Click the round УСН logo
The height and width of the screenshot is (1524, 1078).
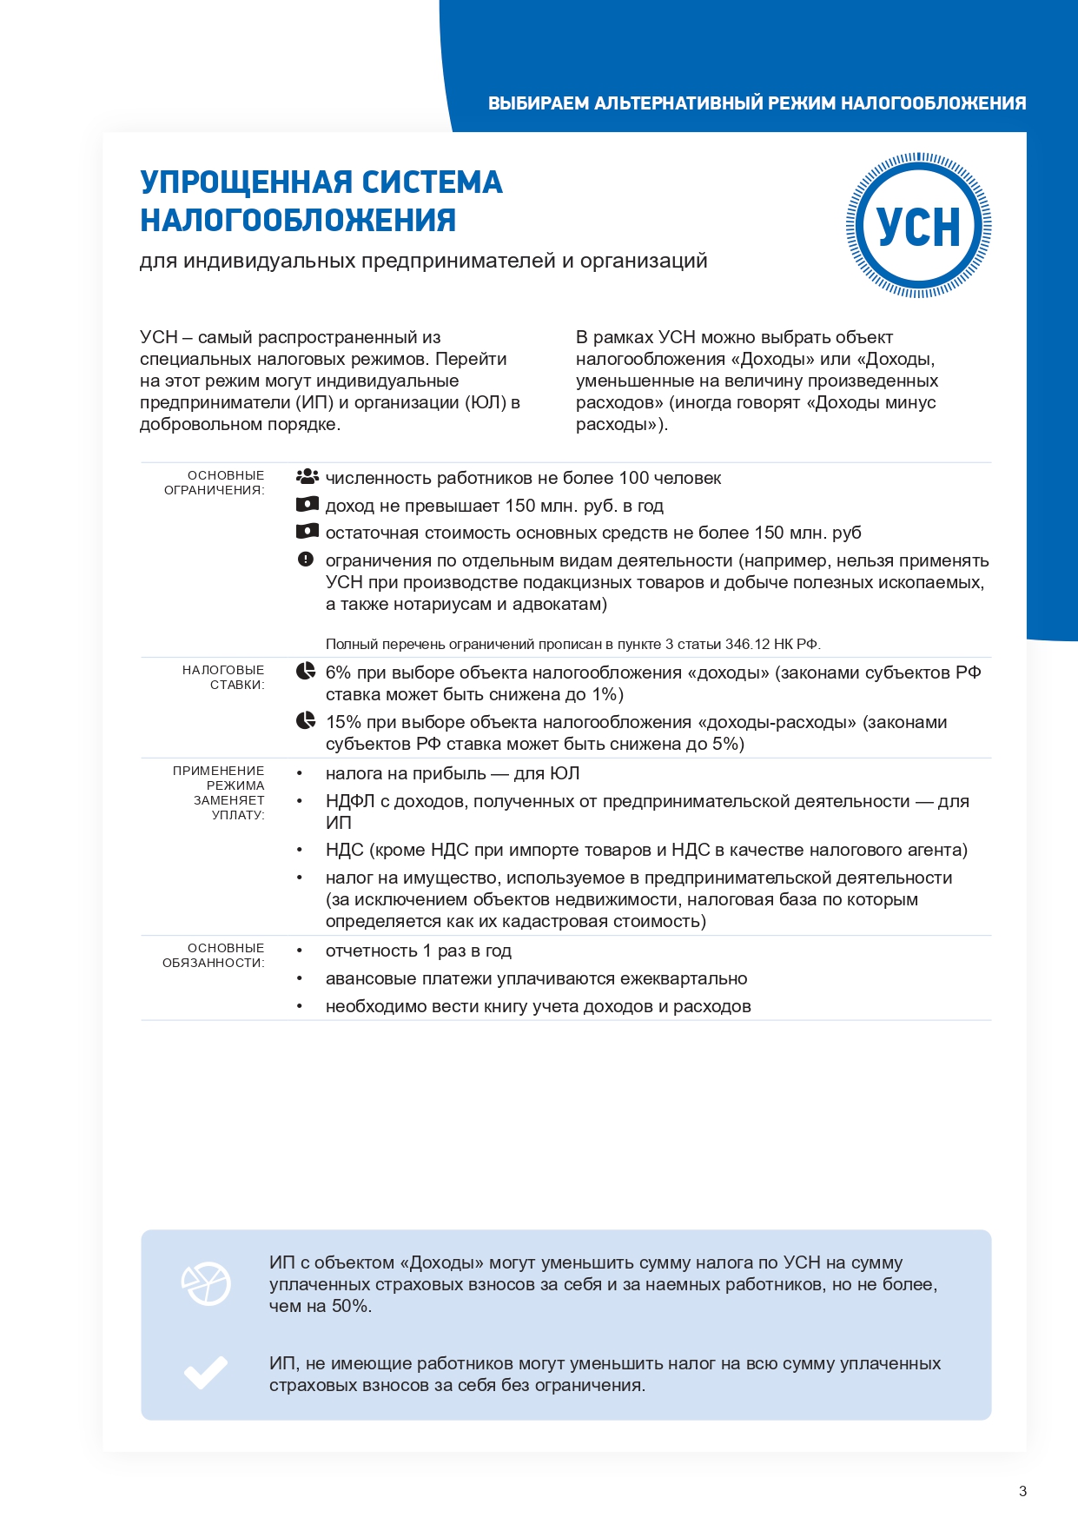(x=919, y=226)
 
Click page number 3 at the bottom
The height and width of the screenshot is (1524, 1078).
(x=1022, y=1491)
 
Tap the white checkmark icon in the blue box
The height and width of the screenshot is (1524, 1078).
(x=206, y=1373)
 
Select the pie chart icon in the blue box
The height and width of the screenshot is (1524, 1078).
(x=206, y=1283)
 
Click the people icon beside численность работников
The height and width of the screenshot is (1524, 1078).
(x=307, y=477)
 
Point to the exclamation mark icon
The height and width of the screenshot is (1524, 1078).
(x=306, y=560)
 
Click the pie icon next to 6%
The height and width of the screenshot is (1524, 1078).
(x=306, y=672)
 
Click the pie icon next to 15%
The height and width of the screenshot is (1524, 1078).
(x=306, y=721)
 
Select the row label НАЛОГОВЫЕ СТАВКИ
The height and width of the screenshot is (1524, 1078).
(x=223, y=677)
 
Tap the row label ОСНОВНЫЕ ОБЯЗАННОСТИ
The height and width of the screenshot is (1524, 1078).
(x=214, y=955)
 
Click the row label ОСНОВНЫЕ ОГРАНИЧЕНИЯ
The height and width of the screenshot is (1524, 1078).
(x=215, y=482)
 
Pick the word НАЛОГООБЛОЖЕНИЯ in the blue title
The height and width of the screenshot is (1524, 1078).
(x=298, y=221)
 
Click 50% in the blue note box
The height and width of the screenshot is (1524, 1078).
(x=350, y=1306)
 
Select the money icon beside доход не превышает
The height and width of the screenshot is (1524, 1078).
(x=307, y=505)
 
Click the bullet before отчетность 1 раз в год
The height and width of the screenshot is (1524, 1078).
(x=300, y=951)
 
